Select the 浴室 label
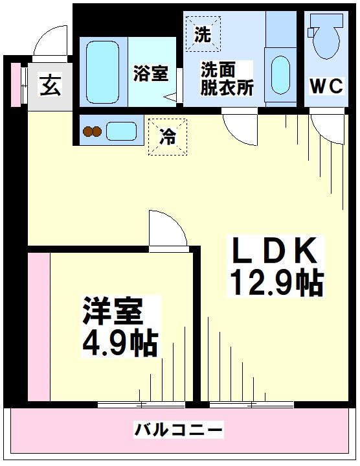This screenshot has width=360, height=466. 151,74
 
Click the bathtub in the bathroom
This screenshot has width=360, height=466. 102,68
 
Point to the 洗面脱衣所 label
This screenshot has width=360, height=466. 227,78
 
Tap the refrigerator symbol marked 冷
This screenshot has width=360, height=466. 167,137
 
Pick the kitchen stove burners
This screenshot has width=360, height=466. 92,132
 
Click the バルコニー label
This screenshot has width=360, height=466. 179,429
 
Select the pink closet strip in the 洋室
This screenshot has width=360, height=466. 39,327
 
